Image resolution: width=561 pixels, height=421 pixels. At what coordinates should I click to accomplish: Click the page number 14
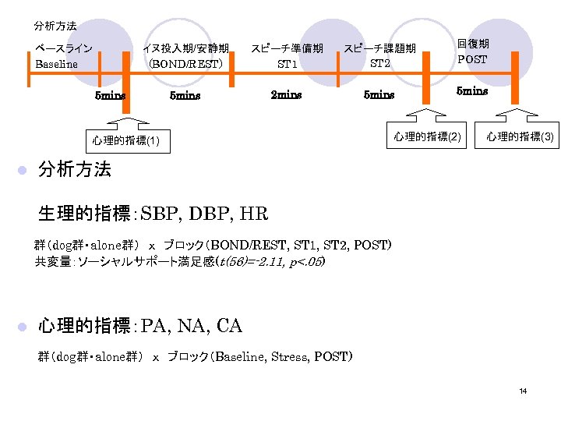coord(524,391)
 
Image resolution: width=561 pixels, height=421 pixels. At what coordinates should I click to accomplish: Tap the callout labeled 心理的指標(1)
coord(126,140)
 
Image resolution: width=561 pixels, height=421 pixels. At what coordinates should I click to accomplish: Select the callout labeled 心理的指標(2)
coord(427,136)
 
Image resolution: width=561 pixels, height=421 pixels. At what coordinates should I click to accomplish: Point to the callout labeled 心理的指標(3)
coord(520,136)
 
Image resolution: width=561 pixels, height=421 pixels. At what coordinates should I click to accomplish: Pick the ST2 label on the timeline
coord(380,63)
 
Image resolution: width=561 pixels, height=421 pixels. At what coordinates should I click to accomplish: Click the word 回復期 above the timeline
coord(472,44)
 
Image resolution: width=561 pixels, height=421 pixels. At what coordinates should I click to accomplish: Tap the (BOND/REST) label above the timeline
coord(185,64)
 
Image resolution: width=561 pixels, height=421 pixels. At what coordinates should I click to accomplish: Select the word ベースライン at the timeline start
coord(64,48)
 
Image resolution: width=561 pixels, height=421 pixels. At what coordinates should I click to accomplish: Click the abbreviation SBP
coord(162,213)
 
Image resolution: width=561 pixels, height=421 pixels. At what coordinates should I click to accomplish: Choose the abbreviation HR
coord(255,213)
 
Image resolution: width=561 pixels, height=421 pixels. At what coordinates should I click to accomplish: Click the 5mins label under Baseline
coord(110,96)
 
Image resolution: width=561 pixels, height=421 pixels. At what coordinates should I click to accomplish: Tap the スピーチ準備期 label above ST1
coord(286,48)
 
